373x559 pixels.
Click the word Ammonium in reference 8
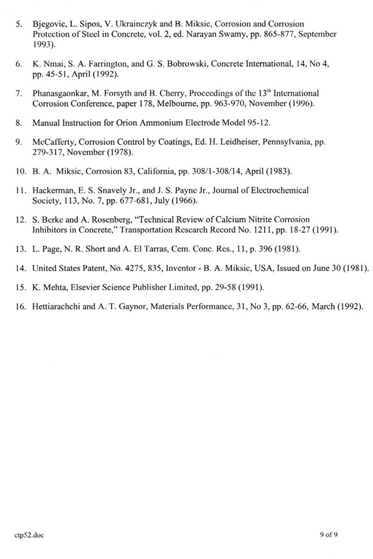183,123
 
